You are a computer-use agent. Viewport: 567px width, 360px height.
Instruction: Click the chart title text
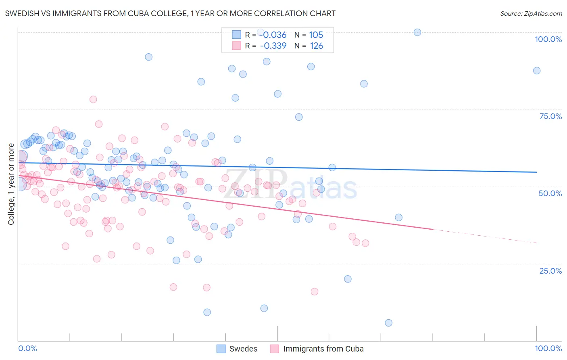click(170, 13)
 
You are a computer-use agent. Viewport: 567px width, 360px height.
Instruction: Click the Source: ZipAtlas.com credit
click(531, 13)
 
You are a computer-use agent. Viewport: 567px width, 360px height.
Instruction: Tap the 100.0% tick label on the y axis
click(548, 39)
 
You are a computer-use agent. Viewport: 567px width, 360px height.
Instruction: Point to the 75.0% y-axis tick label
click(550, 116)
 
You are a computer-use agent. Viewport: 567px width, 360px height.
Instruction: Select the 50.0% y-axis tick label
click(550, 193)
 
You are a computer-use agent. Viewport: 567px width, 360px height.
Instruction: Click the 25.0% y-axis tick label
click(550, 271)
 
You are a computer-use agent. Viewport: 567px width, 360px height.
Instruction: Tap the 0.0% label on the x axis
click(27, 348)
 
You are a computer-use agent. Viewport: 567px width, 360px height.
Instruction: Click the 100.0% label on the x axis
click(548, 348)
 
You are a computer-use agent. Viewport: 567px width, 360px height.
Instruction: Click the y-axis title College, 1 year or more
click(11, 184)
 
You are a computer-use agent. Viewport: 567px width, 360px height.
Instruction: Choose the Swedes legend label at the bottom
click(243, 349)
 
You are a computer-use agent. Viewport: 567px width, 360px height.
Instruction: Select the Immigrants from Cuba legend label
click(323, 349)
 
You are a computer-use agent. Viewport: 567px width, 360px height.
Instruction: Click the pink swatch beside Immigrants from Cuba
click(275, 349)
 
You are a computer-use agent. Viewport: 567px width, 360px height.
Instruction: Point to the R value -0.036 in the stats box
click(273, 35)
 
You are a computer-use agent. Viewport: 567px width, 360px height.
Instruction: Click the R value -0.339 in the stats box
click(273, 46)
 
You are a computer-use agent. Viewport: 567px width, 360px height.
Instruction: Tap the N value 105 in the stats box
click(316, 35)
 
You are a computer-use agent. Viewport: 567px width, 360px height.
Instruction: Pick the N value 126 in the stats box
click(316, 46)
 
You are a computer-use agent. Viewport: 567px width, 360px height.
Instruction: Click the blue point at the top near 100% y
click(417, 32)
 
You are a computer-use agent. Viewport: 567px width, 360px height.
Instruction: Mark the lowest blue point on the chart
click(388, 323)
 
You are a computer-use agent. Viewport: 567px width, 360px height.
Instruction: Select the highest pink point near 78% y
click(93, 99)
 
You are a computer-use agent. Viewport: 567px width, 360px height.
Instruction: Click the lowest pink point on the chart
click(315, 291)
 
